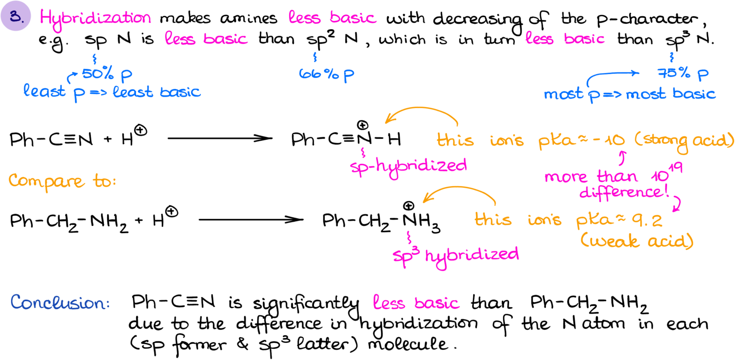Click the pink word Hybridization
pos(95,18)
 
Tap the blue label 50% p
pos(107,74)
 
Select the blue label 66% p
pos(326,74)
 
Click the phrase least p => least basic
pos(112,91)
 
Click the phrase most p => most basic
pos(630,94)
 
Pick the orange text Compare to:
pos(62,181)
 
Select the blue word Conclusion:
pos(60,303)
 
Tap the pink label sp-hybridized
pos(408,166)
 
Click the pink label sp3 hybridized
pos(455,253)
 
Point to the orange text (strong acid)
pos(684,141)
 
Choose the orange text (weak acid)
pos(636,241)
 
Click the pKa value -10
pos(611,141)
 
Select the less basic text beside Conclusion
pos(416,303)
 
